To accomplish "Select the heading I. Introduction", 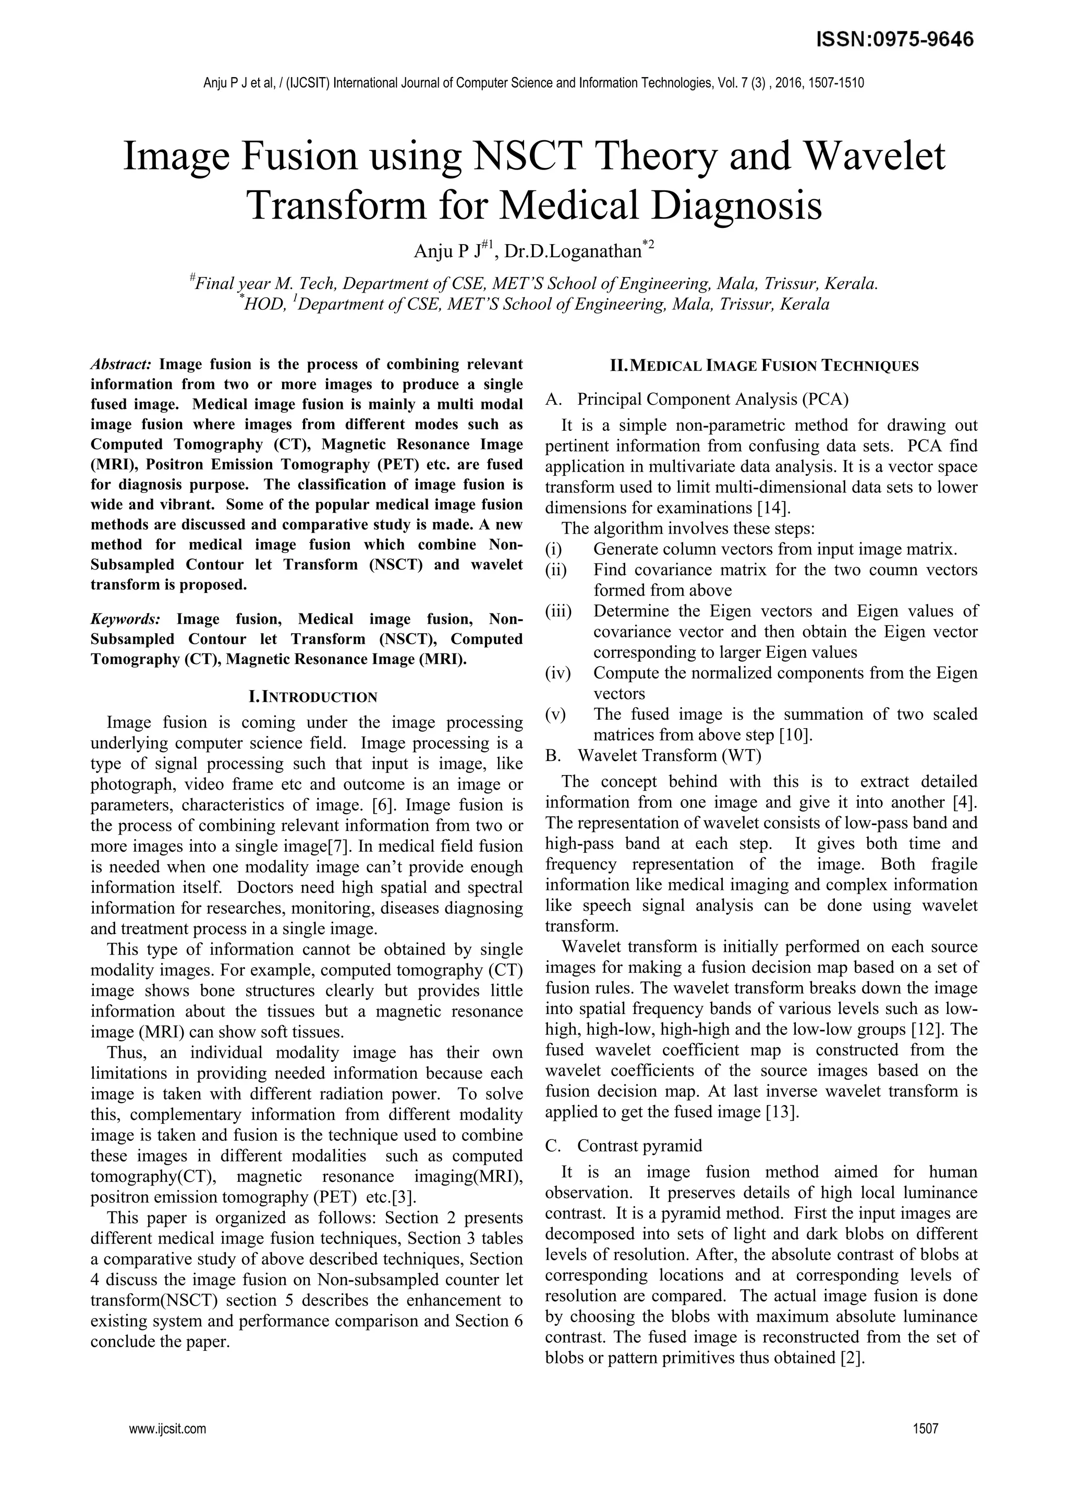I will (x=306, y=697).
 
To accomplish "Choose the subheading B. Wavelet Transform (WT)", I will (x=653, y=755).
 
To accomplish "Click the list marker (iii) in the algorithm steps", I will (x=558, y=611).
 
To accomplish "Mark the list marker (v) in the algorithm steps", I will (x=555, y=714).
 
